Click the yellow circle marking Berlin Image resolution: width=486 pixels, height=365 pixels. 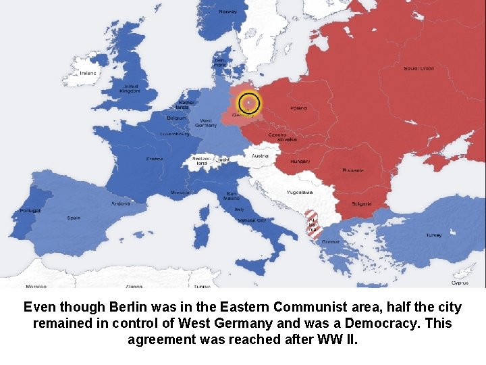pos(249,103)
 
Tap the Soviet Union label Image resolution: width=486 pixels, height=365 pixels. pos(419,68)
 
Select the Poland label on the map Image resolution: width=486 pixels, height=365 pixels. pos(298,108)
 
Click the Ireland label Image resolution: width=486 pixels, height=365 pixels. pos(88,74)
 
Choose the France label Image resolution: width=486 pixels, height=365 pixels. pos(155,160)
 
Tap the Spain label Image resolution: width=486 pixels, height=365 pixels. pos(74,218)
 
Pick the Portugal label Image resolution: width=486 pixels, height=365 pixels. pos(30,210)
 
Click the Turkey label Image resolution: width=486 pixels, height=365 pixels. pos(433,235)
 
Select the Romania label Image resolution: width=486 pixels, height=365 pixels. pos(352,170)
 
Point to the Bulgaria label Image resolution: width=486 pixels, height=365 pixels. pos(361,203)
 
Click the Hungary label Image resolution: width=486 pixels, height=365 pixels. pos(300,162)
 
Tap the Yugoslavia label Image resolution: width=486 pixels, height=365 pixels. pos(299,193)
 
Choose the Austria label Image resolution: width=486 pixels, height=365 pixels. pos(260,155)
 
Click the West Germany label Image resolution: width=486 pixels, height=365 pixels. pos(206,122)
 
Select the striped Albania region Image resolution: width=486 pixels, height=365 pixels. pos(312,223)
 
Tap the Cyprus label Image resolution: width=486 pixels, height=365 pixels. pos(460,283)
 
